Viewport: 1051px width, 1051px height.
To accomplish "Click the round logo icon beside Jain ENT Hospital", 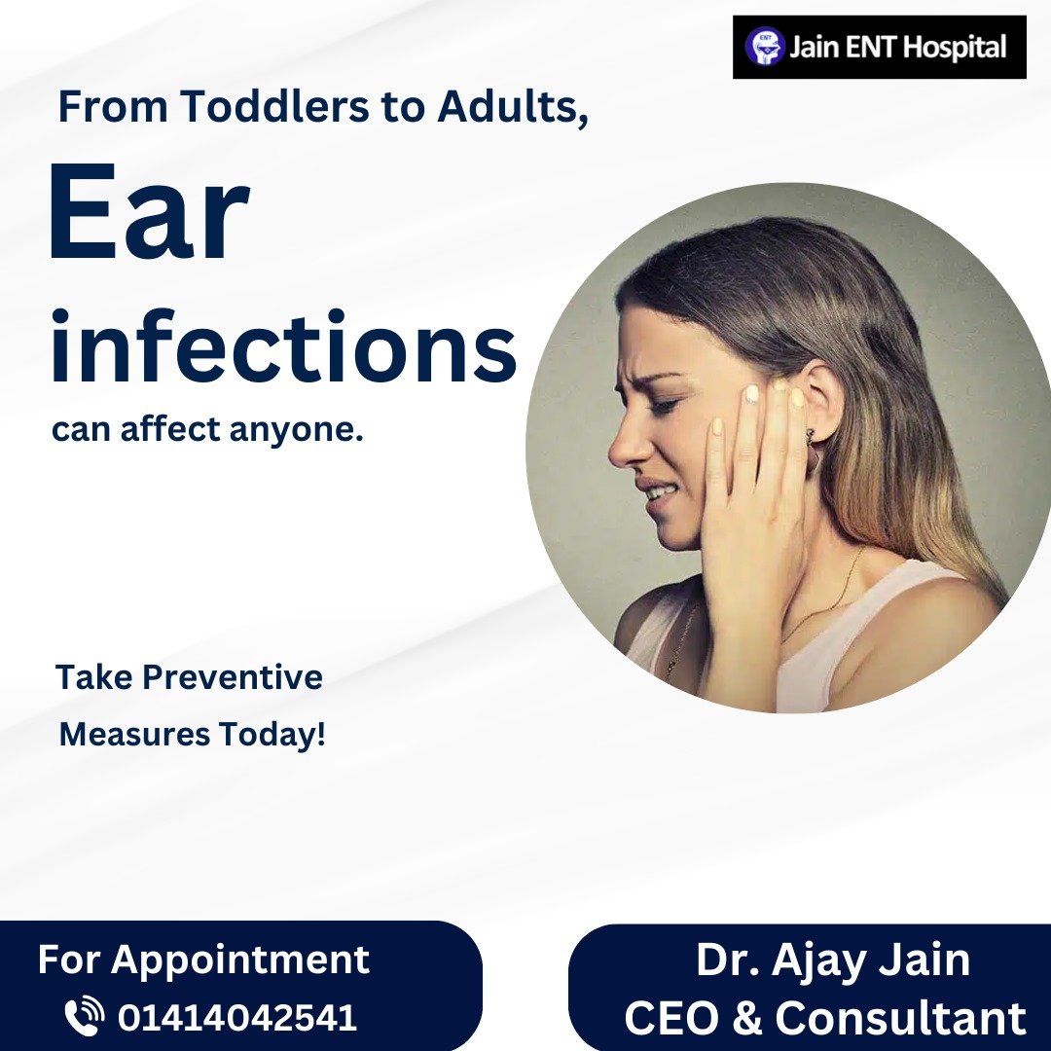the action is tap(765, 47).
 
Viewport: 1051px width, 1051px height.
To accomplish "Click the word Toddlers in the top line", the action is tap(273, 105).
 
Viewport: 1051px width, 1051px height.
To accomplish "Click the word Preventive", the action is tap(233, 676).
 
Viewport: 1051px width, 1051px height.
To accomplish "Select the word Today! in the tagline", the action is tap(272, 736).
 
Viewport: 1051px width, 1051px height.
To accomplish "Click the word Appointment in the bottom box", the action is tap(240, 960).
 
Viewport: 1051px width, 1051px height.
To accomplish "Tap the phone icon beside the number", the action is tap(84, 1017).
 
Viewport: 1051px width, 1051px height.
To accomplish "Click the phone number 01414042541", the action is tap(237, 1018).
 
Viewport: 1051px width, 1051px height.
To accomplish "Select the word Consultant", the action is tap(900, 1018).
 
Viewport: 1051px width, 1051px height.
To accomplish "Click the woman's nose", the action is tap(626, 447).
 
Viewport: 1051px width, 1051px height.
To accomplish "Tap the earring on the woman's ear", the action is tap(811, 436).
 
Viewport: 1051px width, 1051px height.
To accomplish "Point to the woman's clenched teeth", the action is tap(658, 494).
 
